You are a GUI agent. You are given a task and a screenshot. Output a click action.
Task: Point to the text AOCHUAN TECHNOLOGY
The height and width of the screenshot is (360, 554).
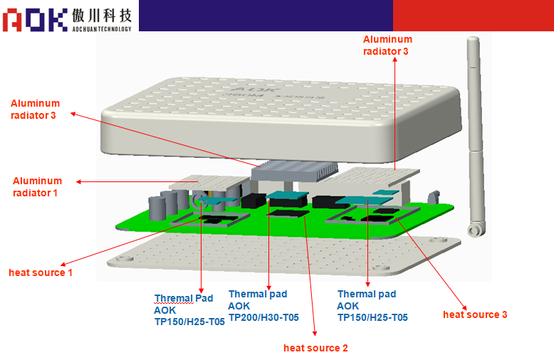(x=101, y=28)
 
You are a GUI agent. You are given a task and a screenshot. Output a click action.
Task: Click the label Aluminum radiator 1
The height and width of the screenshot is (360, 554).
(x=37, y=186)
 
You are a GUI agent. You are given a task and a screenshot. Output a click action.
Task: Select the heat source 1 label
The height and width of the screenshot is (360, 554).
(x=41, y=272)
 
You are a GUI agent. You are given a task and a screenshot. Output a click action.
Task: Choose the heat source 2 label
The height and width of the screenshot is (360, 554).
(x=315, y=348)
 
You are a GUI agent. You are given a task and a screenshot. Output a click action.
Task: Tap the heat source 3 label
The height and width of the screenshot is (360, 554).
(x=475, y=314)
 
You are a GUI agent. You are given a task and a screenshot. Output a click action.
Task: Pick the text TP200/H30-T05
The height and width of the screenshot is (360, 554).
(x=263, y=317)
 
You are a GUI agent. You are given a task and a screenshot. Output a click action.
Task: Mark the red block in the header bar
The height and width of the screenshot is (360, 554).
(x=473, y=15)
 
